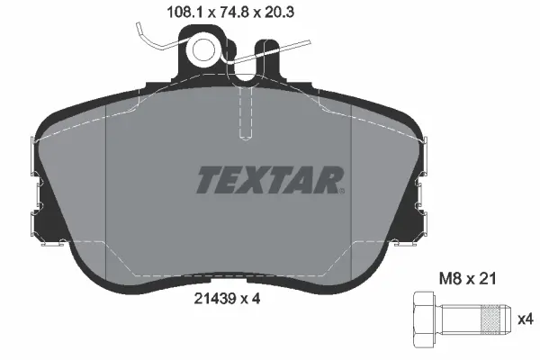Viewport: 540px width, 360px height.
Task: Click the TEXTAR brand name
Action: click(x=269, y=180)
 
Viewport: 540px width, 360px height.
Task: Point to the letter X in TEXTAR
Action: click(x=255, y=180)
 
